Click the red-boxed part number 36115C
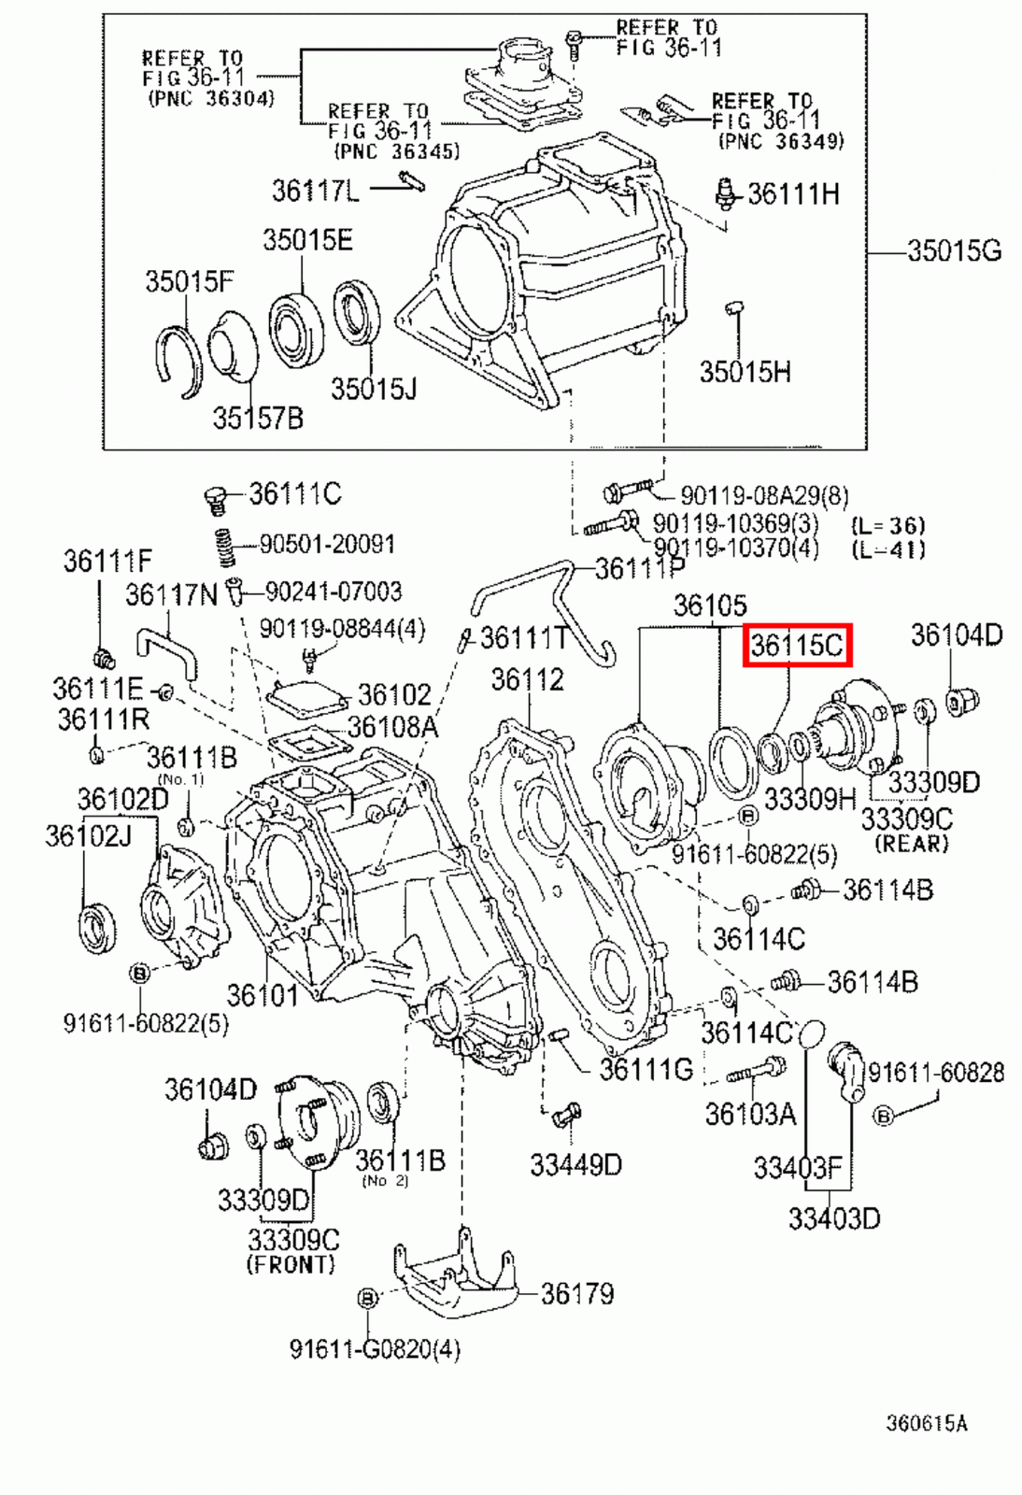[x=797, y=646]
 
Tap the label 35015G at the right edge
[x=954, y=251]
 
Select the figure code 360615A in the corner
[x=926, y=1423]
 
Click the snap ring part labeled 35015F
[x=177, y=360]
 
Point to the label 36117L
[x=315, y=191]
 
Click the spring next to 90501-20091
[x=223, y=548]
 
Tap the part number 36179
[x=577, y=1294]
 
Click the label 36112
[x=528, y=680]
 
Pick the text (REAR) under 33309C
[x=911, y=844]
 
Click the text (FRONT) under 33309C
[x=291, y=1265]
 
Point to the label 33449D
[x=575, y=1165]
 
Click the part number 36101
[x=262, y=996]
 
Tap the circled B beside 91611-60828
[x=883, y=1116]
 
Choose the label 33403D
[x=833, y=1218]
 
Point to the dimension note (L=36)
[x=887, y=525]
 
